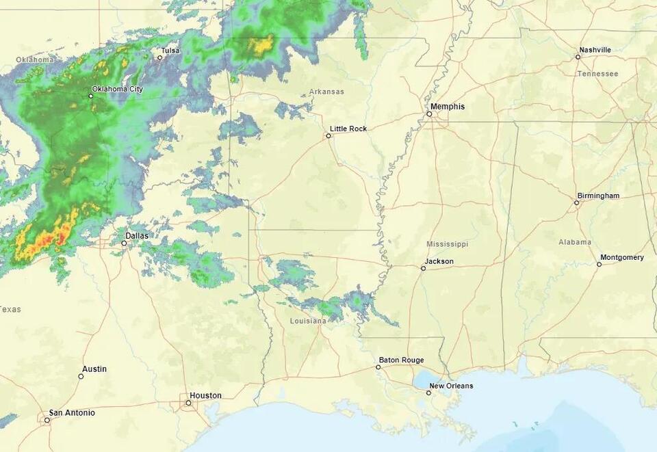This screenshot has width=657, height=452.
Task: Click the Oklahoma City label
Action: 117,89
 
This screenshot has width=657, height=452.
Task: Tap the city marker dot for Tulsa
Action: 159,57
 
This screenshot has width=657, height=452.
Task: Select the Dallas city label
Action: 136,235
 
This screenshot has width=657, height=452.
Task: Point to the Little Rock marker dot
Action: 328,135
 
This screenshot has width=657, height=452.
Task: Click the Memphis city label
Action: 448,107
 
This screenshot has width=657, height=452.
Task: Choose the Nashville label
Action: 595,50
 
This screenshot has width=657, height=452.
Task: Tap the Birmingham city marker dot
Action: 576,202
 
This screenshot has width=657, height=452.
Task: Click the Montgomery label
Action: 621,258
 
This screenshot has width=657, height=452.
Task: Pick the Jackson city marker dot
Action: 423,268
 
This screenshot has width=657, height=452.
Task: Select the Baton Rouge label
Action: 401,360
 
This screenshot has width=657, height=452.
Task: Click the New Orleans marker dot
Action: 428,393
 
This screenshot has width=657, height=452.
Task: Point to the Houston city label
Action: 205,395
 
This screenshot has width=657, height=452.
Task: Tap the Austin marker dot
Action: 81,376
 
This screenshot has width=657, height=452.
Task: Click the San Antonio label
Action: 71,413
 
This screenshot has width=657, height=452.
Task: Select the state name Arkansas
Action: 326,92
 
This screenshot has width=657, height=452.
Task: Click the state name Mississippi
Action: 447,244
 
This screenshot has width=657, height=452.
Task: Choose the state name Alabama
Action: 574,242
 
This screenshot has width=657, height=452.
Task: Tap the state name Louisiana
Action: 308,321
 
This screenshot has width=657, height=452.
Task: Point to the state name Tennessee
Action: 597,74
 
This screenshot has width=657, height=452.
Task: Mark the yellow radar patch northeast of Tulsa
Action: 260,46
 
